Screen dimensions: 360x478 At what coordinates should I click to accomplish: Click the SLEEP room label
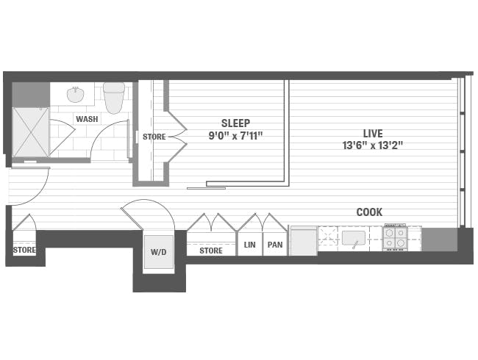(235, 123)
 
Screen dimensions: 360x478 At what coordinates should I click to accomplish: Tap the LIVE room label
(372, 133)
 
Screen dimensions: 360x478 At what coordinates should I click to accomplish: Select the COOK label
(369, 212)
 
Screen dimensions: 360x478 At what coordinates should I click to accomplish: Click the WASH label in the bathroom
(86, 119)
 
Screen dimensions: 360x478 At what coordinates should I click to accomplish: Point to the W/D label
(159, 251)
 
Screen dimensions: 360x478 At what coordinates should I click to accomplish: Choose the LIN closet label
(249, 245)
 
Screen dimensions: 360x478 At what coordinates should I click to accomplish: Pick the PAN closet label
(275, 245)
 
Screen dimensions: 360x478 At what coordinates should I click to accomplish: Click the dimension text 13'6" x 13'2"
(372, 145)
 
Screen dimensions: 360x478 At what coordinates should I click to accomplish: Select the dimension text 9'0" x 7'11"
(235, 135)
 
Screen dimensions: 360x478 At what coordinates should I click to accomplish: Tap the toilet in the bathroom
(114, 97)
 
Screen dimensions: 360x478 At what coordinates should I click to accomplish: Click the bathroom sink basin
(75, 96)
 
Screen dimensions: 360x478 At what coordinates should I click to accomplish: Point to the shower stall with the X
(31, 132)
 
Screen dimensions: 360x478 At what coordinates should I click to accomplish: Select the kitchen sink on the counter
(354, 238)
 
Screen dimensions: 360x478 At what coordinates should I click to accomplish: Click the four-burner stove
(395, 237)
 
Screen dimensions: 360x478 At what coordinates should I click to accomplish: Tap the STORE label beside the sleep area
(154, 137)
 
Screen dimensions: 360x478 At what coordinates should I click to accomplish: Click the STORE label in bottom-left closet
(24, 251)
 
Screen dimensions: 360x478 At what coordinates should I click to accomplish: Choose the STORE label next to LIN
(211, 251)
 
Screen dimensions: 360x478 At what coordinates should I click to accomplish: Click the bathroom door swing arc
(107, 136)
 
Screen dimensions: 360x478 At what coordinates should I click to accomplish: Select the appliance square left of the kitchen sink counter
(303, 240)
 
